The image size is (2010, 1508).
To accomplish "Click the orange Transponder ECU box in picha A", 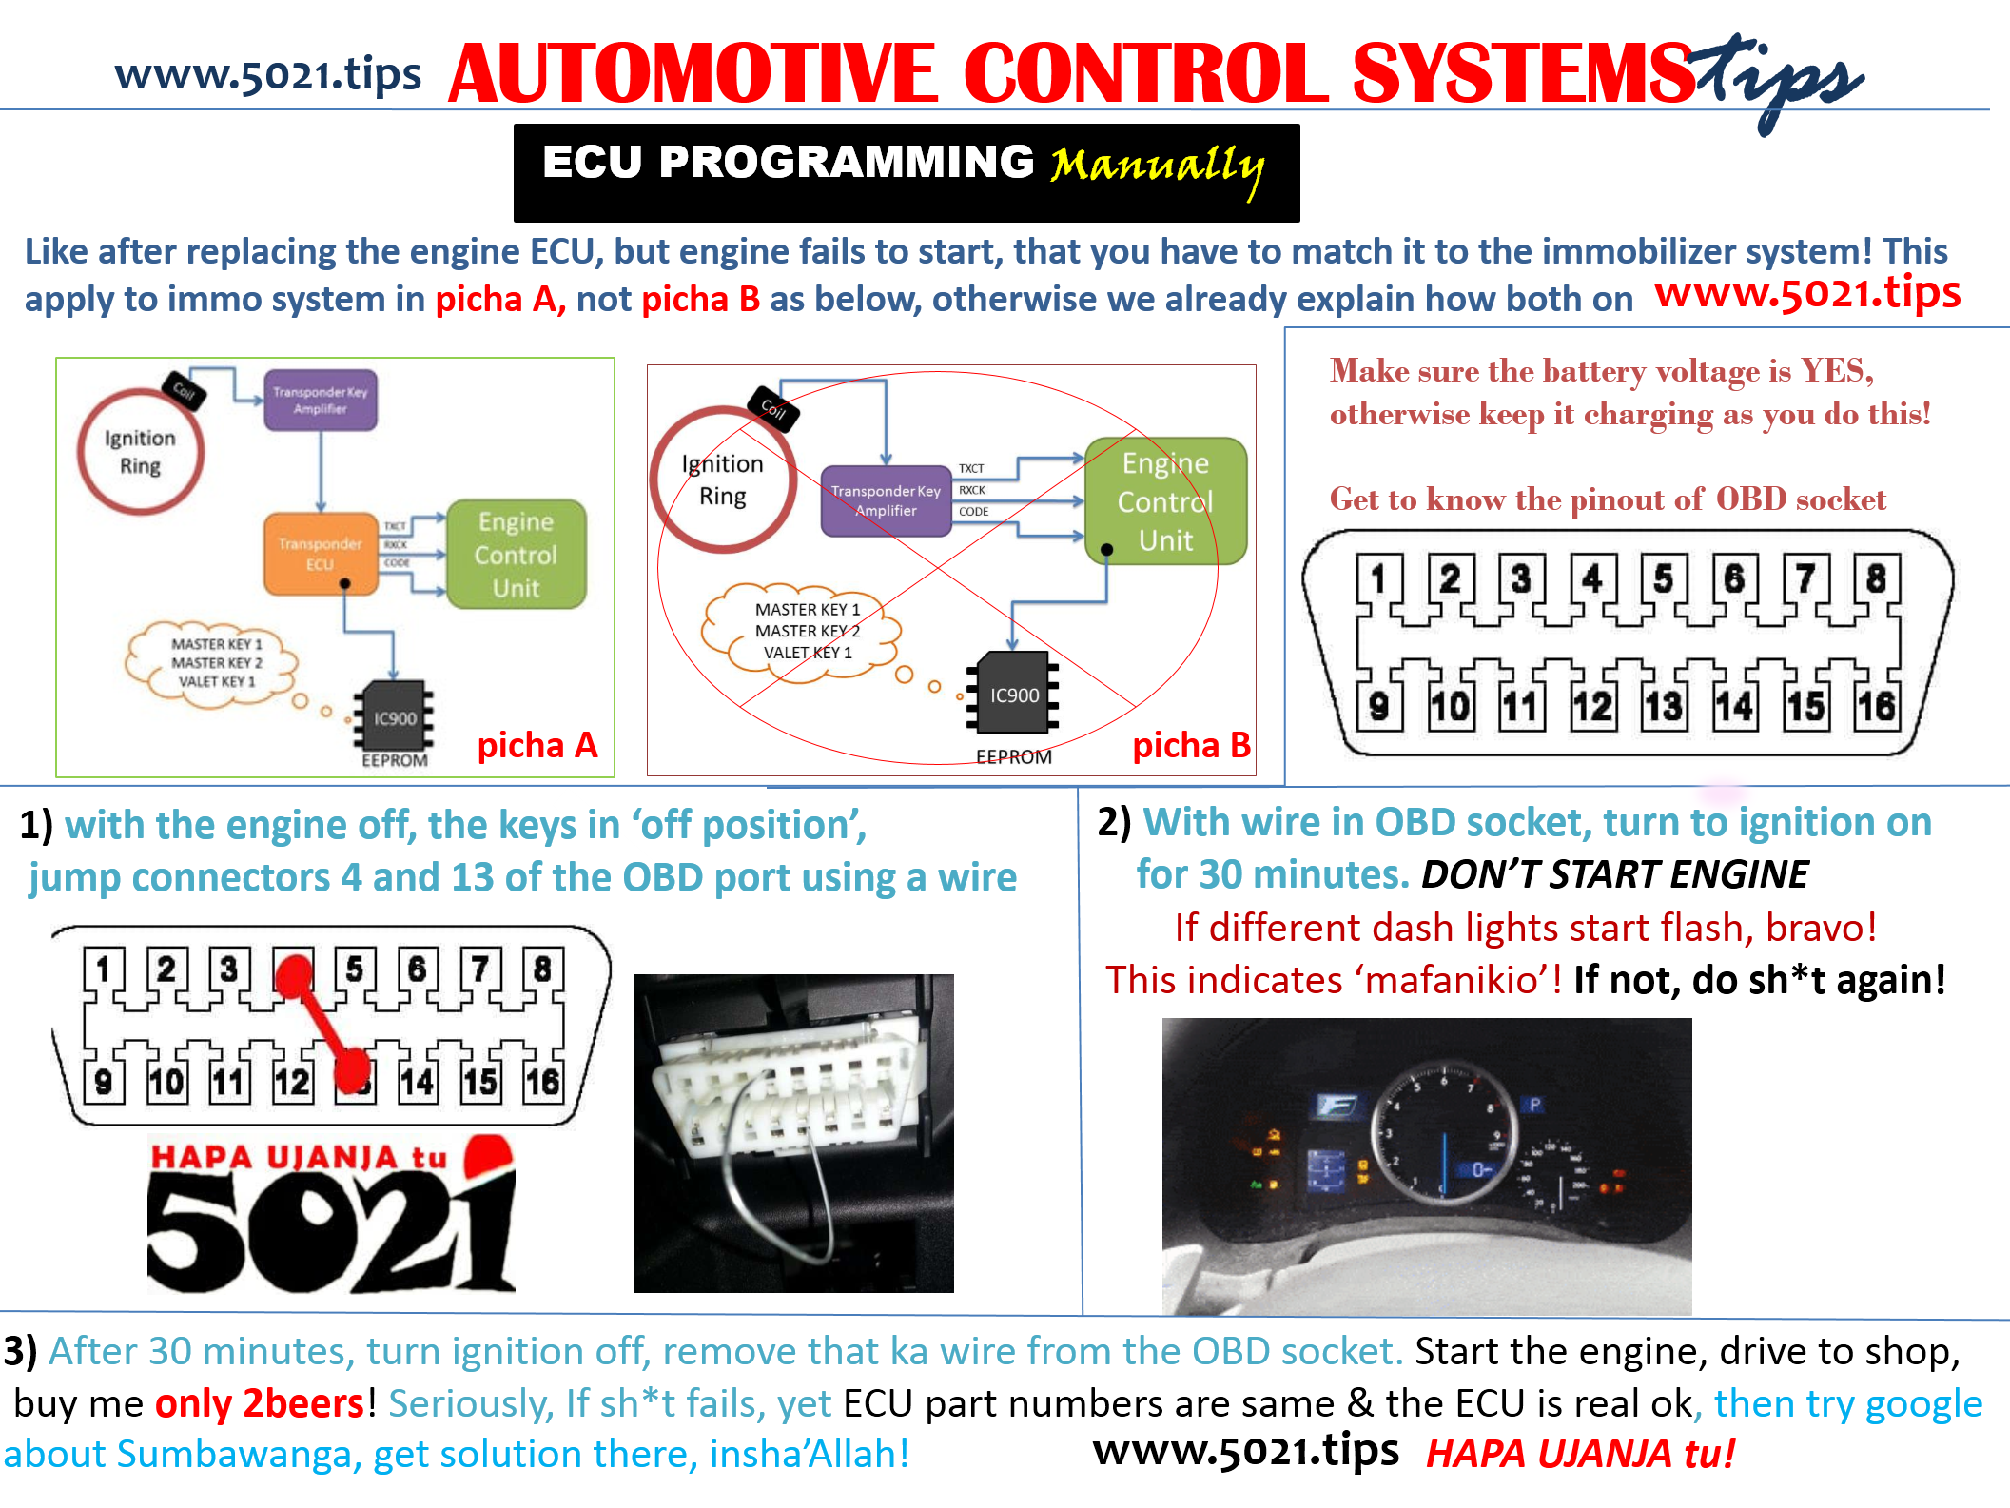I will coord(320,554).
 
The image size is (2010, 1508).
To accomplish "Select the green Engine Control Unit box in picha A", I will coord(516,554).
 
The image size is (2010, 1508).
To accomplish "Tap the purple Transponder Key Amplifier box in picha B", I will coord(886,500).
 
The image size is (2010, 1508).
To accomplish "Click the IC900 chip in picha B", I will coord(1014,694).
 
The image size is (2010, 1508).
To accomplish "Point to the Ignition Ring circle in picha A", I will coord(140,452).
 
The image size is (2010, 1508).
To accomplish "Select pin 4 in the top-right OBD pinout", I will coord(1592,578).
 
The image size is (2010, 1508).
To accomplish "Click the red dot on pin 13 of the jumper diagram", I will coord(353,1069).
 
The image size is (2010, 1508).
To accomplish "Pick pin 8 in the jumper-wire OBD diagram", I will coord(542,969).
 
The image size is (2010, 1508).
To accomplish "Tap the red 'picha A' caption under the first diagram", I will coord(537,745).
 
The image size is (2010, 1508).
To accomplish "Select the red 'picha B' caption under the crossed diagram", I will coord(1191,745).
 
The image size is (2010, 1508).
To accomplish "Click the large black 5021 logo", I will coord(330,1232).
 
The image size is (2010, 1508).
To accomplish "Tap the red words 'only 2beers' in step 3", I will coord(259,1403).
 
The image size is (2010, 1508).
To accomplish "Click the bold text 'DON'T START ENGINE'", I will coord(1614,874).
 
